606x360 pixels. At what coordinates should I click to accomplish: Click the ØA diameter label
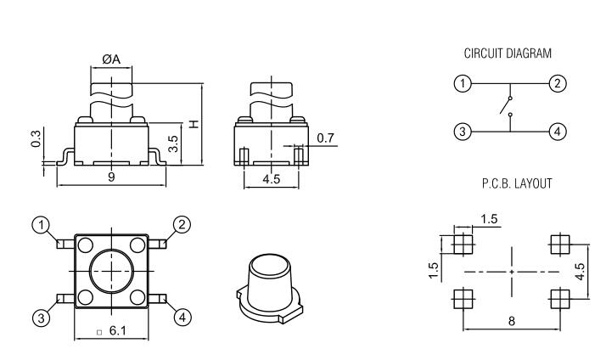coord(111,59)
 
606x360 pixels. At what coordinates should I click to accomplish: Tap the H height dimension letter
coord(194,124)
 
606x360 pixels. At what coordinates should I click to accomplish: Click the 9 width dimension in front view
coord(111,177)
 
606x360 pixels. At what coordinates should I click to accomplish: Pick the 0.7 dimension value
coord(324,138)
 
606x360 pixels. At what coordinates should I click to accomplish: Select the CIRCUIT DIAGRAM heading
coord(507,53)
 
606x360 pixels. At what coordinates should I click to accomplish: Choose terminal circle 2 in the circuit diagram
coord(557,83)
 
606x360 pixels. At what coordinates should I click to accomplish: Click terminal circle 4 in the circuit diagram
coord(557,132)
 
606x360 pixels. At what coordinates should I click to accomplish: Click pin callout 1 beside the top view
coord(39,225)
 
